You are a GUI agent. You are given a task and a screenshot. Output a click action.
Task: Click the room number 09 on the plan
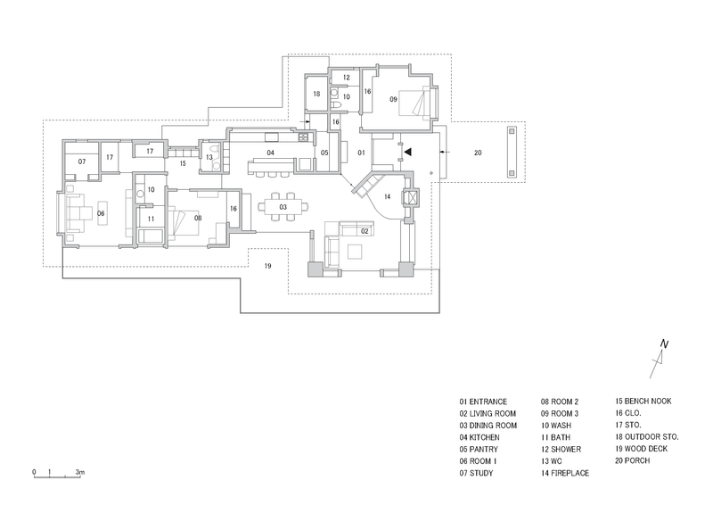coord(393,100)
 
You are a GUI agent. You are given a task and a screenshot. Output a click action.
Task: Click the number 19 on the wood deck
coord(266,266)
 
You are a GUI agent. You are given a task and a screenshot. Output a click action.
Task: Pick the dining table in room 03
coord(283,207)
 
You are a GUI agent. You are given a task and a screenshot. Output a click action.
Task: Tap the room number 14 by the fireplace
coord(386,195)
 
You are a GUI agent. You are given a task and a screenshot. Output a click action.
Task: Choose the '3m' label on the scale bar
coord(79,470)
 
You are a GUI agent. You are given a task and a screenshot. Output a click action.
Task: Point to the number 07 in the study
coord(81,162)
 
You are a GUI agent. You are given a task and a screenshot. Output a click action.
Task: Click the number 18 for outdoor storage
coord(316,93)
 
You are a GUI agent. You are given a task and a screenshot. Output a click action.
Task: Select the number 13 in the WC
coord(209,157)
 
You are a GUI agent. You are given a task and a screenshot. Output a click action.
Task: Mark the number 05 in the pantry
coord(324,153)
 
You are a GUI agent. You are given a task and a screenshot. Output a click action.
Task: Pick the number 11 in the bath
coord(152,219)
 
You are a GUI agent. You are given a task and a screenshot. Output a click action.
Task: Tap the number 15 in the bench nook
coord(181,164)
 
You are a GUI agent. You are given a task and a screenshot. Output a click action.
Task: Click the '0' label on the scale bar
coord(34,470)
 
